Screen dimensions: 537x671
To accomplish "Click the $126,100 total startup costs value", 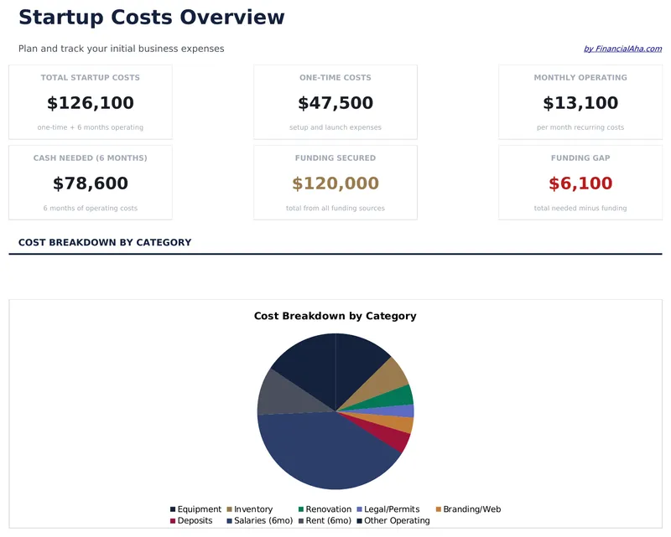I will click(90, 103).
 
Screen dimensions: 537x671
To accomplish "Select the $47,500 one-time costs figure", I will click(335, 103).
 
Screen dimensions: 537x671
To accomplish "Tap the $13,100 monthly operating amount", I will click(580, 103).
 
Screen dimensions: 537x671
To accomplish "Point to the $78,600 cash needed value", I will click(90, 183).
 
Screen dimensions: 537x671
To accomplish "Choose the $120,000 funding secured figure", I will click(335, 183).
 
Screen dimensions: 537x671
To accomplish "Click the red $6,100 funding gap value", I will click(580, 183).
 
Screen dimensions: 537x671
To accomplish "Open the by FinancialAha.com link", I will click(622, 49).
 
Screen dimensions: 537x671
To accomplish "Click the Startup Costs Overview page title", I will click(151, 18).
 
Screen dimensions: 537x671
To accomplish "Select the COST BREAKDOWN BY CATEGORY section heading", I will click(105, 242).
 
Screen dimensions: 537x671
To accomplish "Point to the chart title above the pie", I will click(335, 316).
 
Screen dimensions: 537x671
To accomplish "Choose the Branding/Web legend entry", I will click(471, 509).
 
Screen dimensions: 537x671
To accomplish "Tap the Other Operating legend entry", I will click(396, 520).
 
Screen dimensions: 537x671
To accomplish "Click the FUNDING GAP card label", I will click(580, 157).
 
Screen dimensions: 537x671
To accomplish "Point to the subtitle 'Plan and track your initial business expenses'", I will click(121, 49).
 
